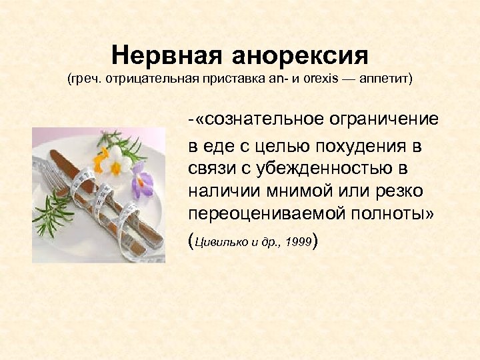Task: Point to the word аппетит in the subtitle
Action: [386, 79]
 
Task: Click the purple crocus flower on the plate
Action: [141, 179]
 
